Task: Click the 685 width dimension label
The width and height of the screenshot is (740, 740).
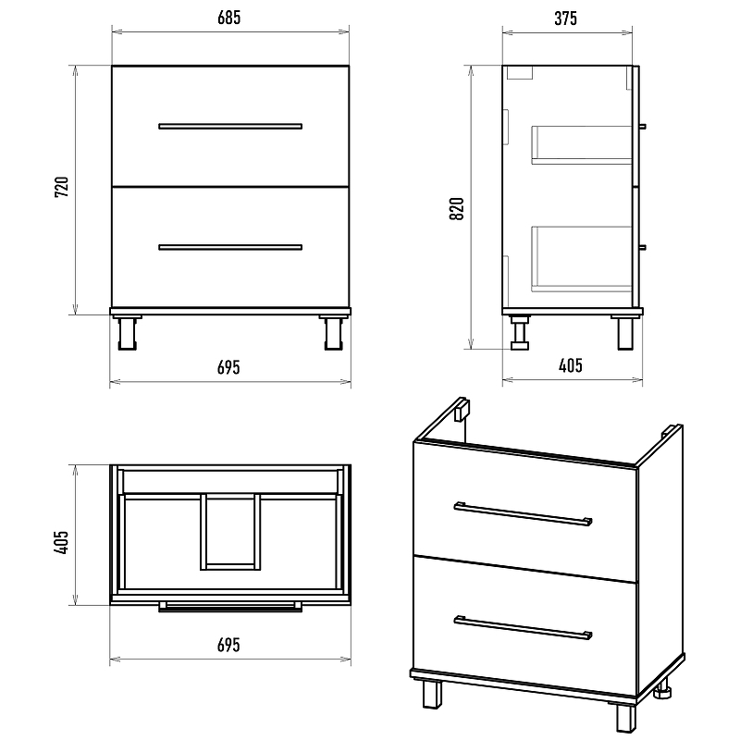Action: pos(228,18)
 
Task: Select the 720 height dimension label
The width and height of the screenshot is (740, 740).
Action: pos(62,187)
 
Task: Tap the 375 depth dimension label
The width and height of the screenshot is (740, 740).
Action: pos(565,18)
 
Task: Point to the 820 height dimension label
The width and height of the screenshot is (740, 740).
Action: pos(456,209)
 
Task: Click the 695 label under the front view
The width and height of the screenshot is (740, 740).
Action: pos(228,367)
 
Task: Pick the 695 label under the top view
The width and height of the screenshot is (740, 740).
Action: pos(228,645)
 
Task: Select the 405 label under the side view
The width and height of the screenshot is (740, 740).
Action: pos(571,365)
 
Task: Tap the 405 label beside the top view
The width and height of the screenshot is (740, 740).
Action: pos(62,542)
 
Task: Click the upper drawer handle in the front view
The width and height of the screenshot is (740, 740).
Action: pos(230,126)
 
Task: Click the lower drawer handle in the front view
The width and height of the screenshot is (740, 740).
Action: pos(230,247)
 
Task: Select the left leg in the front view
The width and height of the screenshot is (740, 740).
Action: pos(127,333)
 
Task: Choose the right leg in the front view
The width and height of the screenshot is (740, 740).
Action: pos(334,333)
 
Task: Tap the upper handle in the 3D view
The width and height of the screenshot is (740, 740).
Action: pos(523,513)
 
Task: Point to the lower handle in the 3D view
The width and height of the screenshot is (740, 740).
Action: pos(523,628)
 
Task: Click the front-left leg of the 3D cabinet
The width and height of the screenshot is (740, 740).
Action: pos(432,694)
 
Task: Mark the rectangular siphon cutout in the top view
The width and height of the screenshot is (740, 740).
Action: pos(230,532)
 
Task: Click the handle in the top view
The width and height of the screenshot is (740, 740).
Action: pos(230,607)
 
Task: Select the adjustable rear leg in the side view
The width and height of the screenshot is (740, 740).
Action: pos(520,333)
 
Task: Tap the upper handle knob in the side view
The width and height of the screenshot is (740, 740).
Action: pos(642,127)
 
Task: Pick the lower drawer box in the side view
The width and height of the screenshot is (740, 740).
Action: pos(582,259)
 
